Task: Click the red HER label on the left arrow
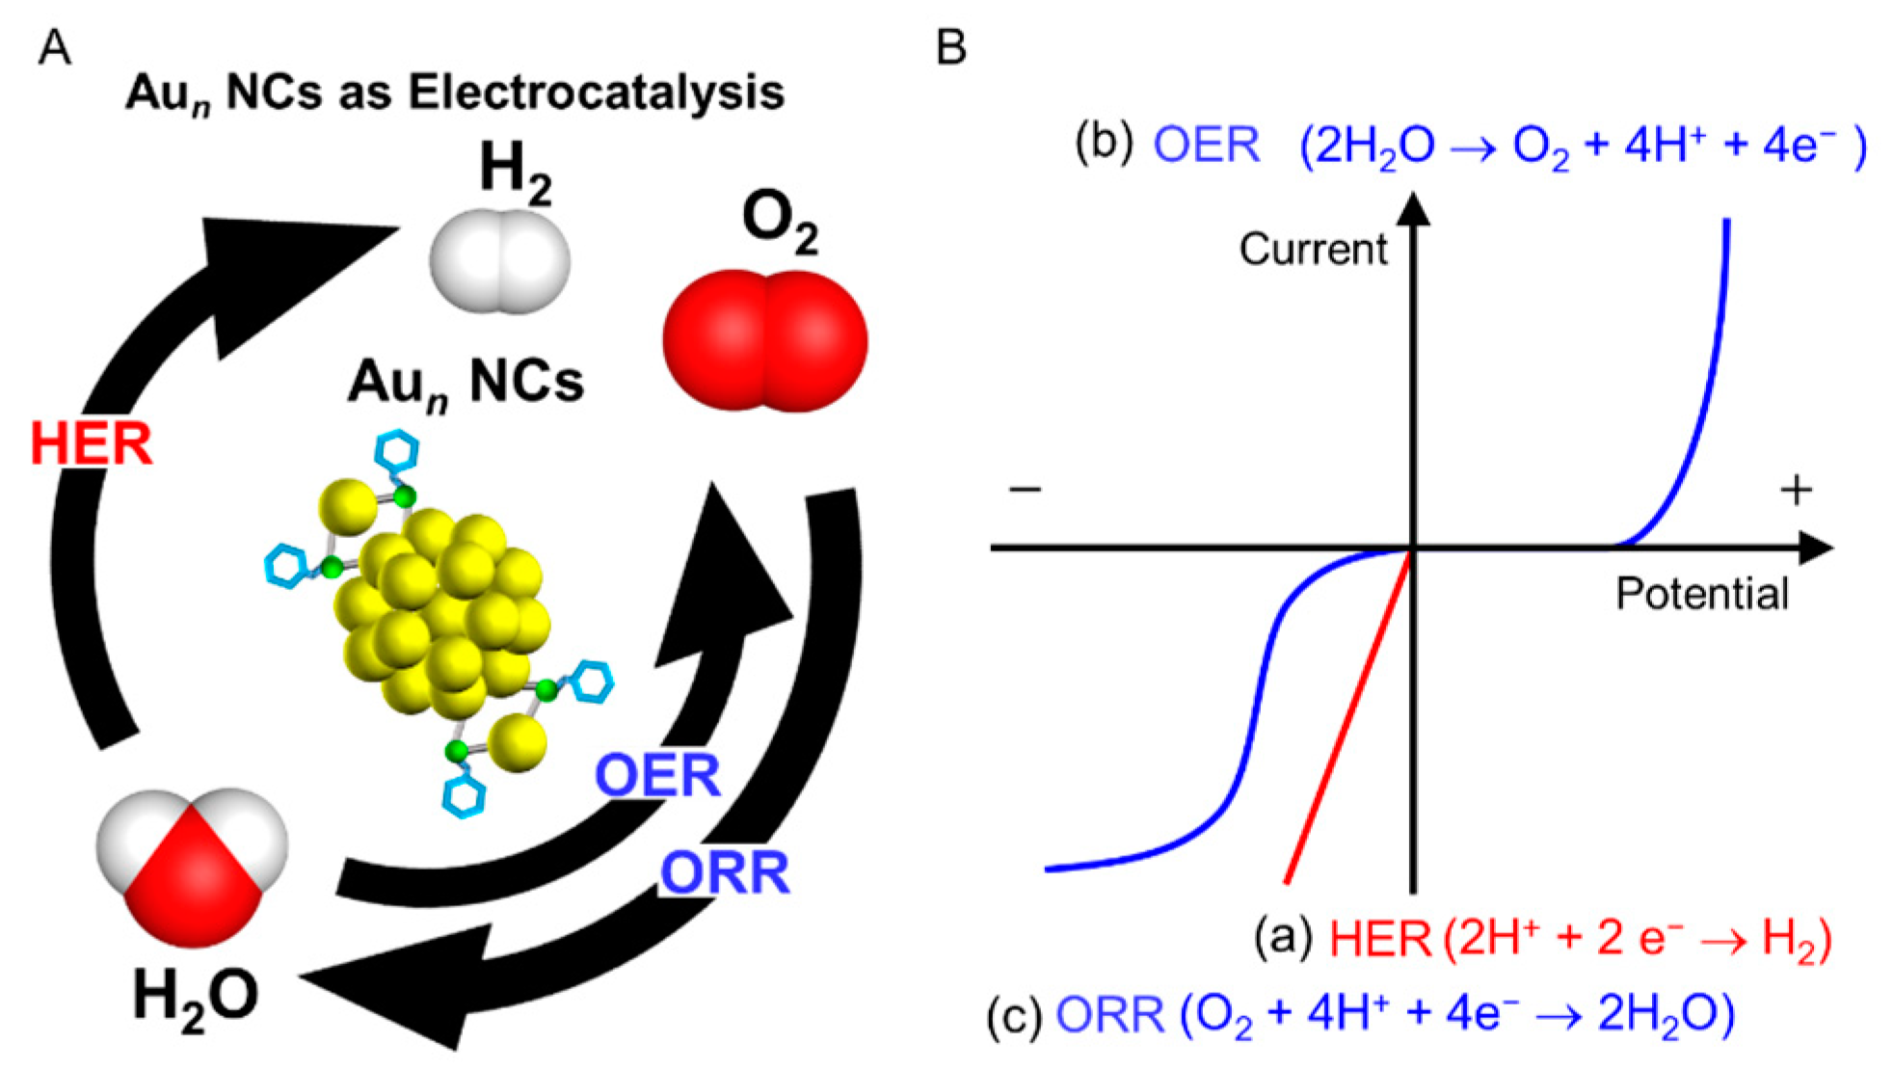click(x=93, y=444)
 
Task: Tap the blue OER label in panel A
click(x=657, y=776)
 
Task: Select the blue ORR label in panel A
click(x=725, y=873)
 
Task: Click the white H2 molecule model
click(x=499, y=262)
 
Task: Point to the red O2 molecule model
click(x=765, y=341)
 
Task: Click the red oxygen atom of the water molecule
click(x=193, y=892)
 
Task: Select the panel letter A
click(x=54, y=47)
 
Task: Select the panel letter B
click(x=950, y=47)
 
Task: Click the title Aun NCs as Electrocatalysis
click(x=455, y=94)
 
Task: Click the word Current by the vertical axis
click(x=1313, y=250)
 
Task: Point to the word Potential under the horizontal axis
click(x=1702, y=594)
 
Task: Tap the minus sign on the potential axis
click(x=1025, y=489)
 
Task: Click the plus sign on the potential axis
click(x=1796, y=490)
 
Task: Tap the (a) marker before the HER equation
click(x=1283, y=936)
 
